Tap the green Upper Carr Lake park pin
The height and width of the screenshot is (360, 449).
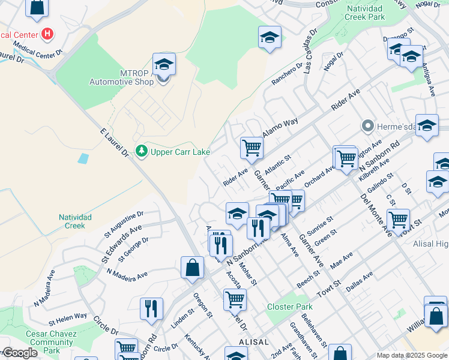pos(142,151)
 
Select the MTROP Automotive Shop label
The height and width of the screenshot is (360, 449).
pos(121,77)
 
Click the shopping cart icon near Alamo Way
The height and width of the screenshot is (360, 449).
pos(252,147)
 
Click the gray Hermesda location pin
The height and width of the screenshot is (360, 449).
pos(368,126)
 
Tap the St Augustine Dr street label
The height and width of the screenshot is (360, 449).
pos(124,221)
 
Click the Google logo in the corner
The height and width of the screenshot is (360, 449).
pos(19,353)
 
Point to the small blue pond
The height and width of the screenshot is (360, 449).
pos(83,159)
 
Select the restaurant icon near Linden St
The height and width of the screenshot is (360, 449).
pos(151,308)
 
